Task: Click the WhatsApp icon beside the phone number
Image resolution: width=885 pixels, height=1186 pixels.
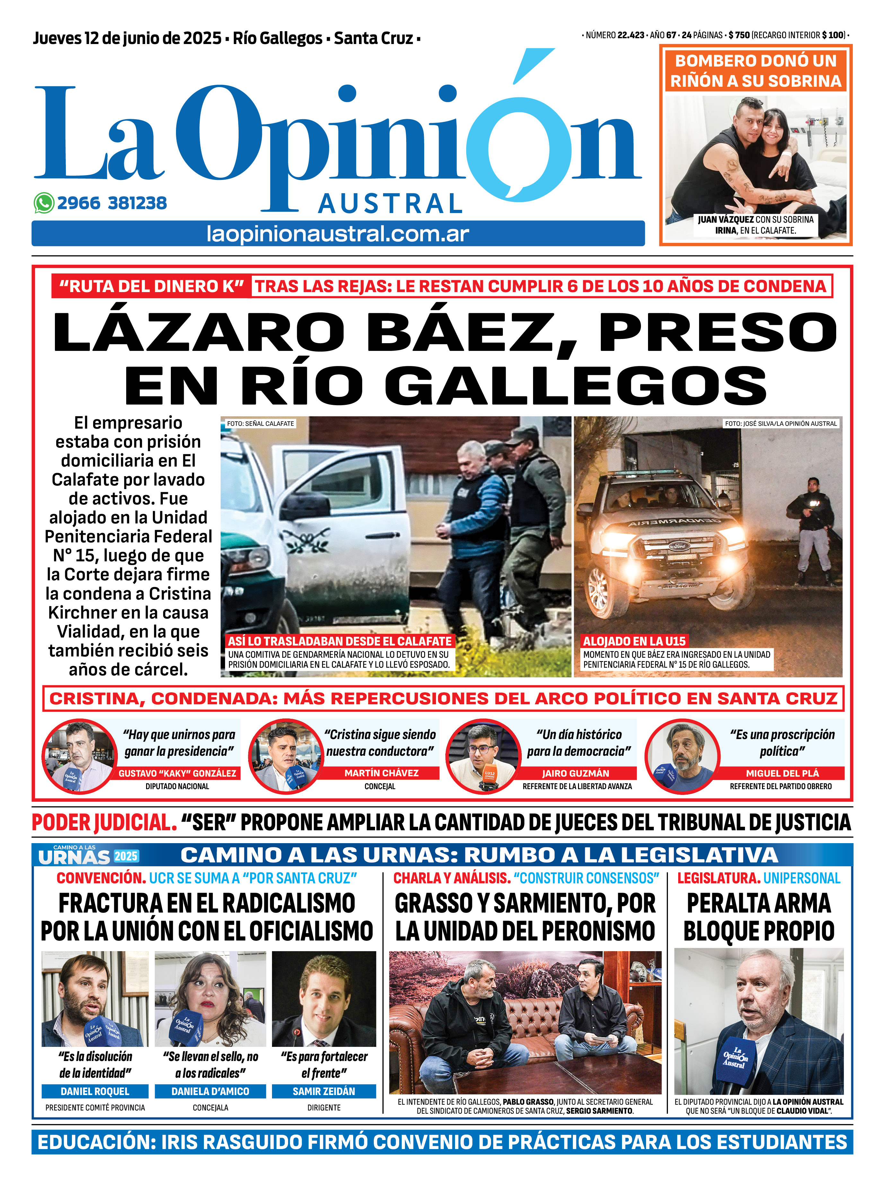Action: (44, 203)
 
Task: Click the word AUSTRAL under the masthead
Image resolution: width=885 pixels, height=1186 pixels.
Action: (390, 204)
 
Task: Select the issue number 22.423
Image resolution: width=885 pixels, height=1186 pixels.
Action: (631, 35)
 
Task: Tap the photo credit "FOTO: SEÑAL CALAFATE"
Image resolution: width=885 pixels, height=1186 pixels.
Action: (260, 424)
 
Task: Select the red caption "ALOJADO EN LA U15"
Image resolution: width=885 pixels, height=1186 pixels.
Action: (634, 641)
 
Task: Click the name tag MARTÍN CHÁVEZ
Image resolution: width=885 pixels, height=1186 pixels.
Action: (381, 773)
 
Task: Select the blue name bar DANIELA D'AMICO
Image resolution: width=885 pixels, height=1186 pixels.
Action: (210, 1091)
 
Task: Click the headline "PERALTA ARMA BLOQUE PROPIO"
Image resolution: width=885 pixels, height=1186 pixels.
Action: (758, 917)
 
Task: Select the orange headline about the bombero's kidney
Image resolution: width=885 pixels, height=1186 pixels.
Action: (755, 71)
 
